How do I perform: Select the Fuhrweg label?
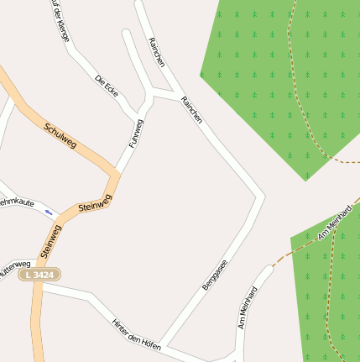pos(136,134)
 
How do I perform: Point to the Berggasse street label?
pos(215,275)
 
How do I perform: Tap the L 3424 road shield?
pos(39,275)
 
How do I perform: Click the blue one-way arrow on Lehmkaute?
pos(49,212)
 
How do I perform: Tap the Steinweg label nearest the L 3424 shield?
pos(50,240)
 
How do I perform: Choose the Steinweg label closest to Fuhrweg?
pos(94,202)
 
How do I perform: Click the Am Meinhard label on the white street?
pos(247,307)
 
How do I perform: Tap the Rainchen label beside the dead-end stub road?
pos(156,52)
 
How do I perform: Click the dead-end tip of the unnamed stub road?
pos(126,34)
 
